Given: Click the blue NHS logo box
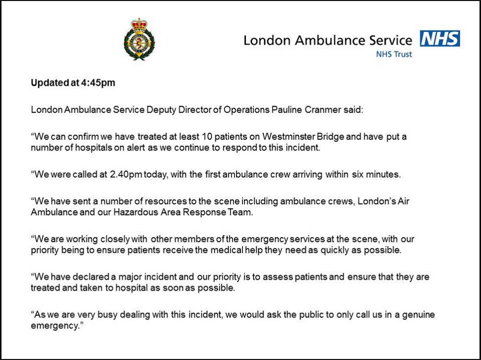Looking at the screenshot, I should click(x=440, y=39).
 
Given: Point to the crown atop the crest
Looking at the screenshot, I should click(x=139, y=24).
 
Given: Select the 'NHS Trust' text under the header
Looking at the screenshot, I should click(x=394, y=54).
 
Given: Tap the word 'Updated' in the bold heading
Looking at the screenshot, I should click(x=49, y=83).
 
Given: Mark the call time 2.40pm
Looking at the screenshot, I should click(x=128, y=174).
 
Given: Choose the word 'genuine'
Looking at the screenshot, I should click(x=415, y=314).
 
